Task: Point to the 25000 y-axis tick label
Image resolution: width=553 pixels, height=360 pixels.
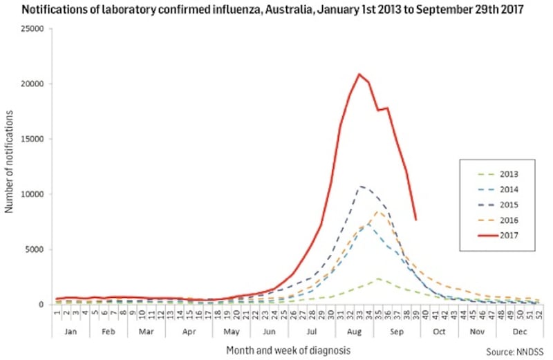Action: point(32,29)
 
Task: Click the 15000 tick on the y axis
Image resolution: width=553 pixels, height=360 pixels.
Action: point(32,139)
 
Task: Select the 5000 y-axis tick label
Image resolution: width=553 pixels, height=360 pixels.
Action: point(35,249)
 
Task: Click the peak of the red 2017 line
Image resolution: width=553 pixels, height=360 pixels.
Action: point(359,74)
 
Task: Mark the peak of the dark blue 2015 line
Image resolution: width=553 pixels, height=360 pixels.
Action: point(359,186)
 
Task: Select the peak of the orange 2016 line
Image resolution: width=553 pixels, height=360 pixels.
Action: point(379,211)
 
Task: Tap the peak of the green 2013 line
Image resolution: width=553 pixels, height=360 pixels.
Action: point(378,278)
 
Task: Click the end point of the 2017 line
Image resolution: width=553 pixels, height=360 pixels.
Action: point(415,220)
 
